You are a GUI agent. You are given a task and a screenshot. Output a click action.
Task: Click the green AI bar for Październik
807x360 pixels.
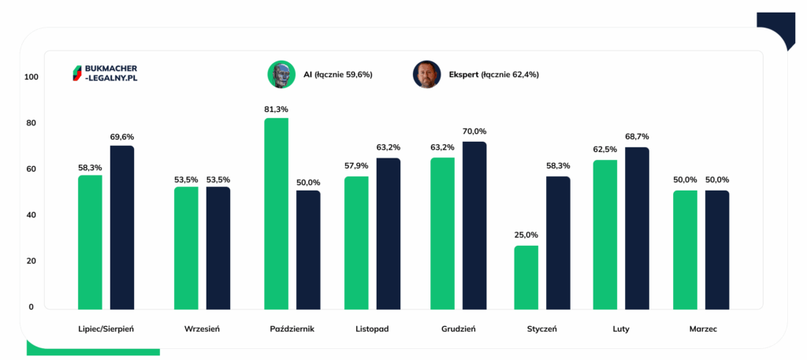277,213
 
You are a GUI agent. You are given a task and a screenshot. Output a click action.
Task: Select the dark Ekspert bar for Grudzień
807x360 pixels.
474,225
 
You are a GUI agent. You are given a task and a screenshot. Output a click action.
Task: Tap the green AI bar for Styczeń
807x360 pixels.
526,277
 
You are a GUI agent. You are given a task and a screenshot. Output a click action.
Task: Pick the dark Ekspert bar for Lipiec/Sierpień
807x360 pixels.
122,227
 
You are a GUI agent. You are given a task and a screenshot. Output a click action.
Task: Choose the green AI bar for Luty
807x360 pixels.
604,234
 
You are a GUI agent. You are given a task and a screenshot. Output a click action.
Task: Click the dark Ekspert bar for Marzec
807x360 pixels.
717,250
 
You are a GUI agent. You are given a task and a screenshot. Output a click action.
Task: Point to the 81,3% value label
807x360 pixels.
276,109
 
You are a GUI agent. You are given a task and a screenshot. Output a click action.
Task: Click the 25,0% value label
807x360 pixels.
526,236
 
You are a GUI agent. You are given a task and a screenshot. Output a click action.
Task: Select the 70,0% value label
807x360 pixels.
474,132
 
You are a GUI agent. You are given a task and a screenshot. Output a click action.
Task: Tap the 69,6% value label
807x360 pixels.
122,136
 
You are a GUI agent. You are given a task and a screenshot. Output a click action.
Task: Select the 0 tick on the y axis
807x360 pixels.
32,307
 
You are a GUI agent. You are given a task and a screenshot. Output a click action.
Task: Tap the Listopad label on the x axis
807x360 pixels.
372,328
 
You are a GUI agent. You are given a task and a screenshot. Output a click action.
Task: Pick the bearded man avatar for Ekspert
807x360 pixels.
426,74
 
